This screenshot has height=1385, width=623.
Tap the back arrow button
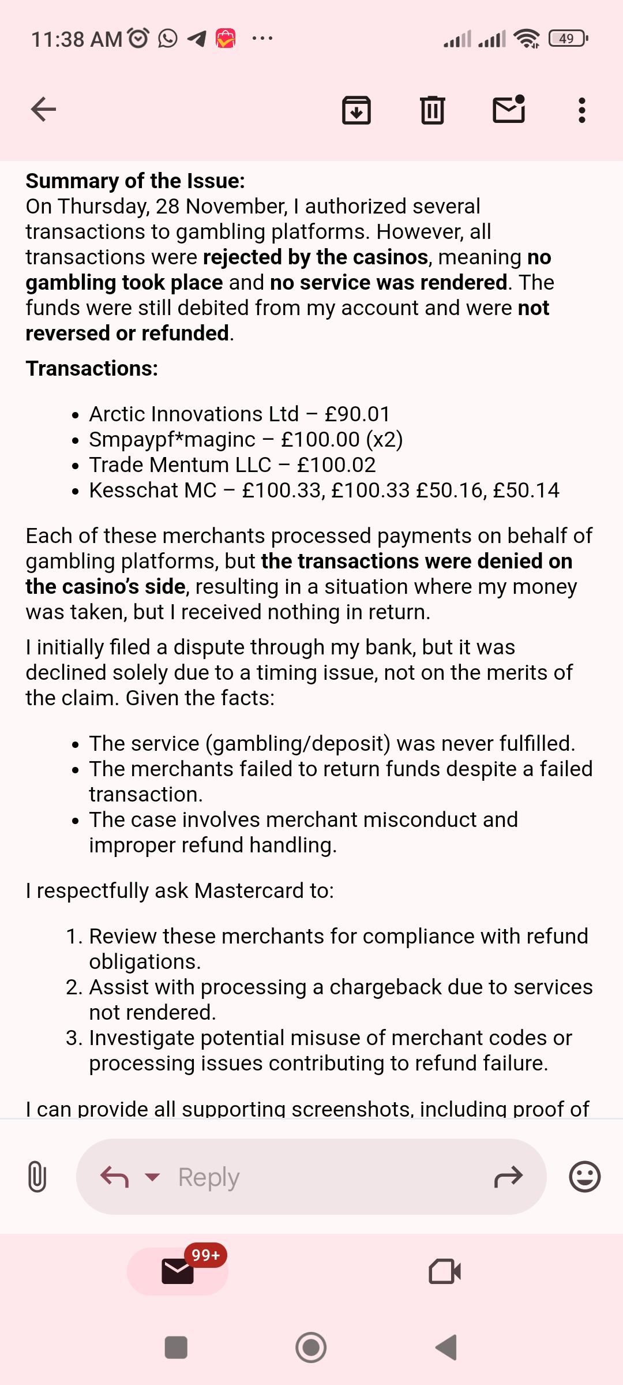43,109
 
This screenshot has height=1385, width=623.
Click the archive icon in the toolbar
356,110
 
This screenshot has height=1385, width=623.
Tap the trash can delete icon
432,110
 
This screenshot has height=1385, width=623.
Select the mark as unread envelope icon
509,109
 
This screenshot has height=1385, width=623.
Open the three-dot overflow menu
581,110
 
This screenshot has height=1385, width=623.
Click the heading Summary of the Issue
135,181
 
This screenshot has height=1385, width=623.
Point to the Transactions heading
92,368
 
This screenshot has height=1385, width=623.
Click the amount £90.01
358,414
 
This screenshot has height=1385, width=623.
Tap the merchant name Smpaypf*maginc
172,440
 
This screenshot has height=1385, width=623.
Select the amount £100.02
336,465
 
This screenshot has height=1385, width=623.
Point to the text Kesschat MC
152,491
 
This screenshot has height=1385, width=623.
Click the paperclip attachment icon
37,1177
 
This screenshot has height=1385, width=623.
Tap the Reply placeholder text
209,1177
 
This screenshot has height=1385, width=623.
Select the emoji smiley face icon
584,1177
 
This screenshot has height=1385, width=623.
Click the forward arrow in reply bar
508,1177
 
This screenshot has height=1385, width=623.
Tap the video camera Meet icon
445,1271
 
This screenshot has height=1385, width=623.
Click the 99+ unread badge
205,1255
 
